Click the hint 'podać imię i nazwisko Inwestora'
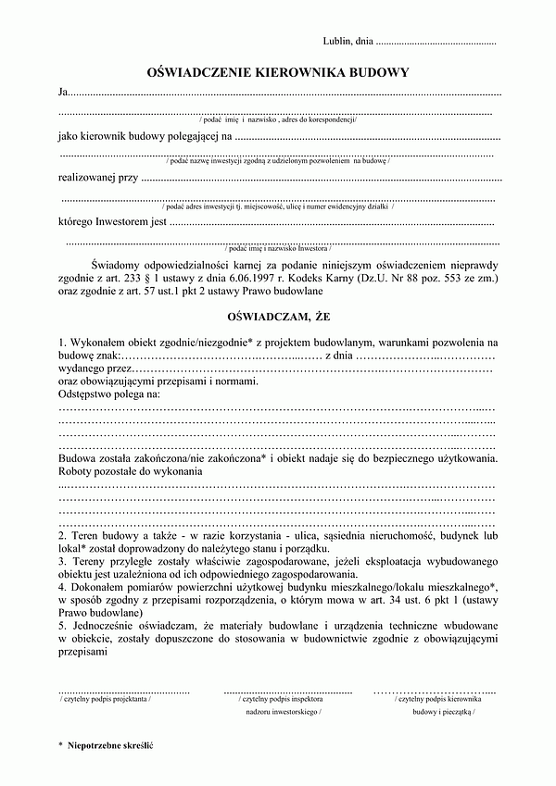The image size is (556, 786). click(277, 250)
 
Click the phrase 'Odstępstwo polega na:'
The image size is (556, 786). click(109, 394)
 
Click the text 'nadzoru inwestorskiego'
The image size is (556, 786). click(284, 714)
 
